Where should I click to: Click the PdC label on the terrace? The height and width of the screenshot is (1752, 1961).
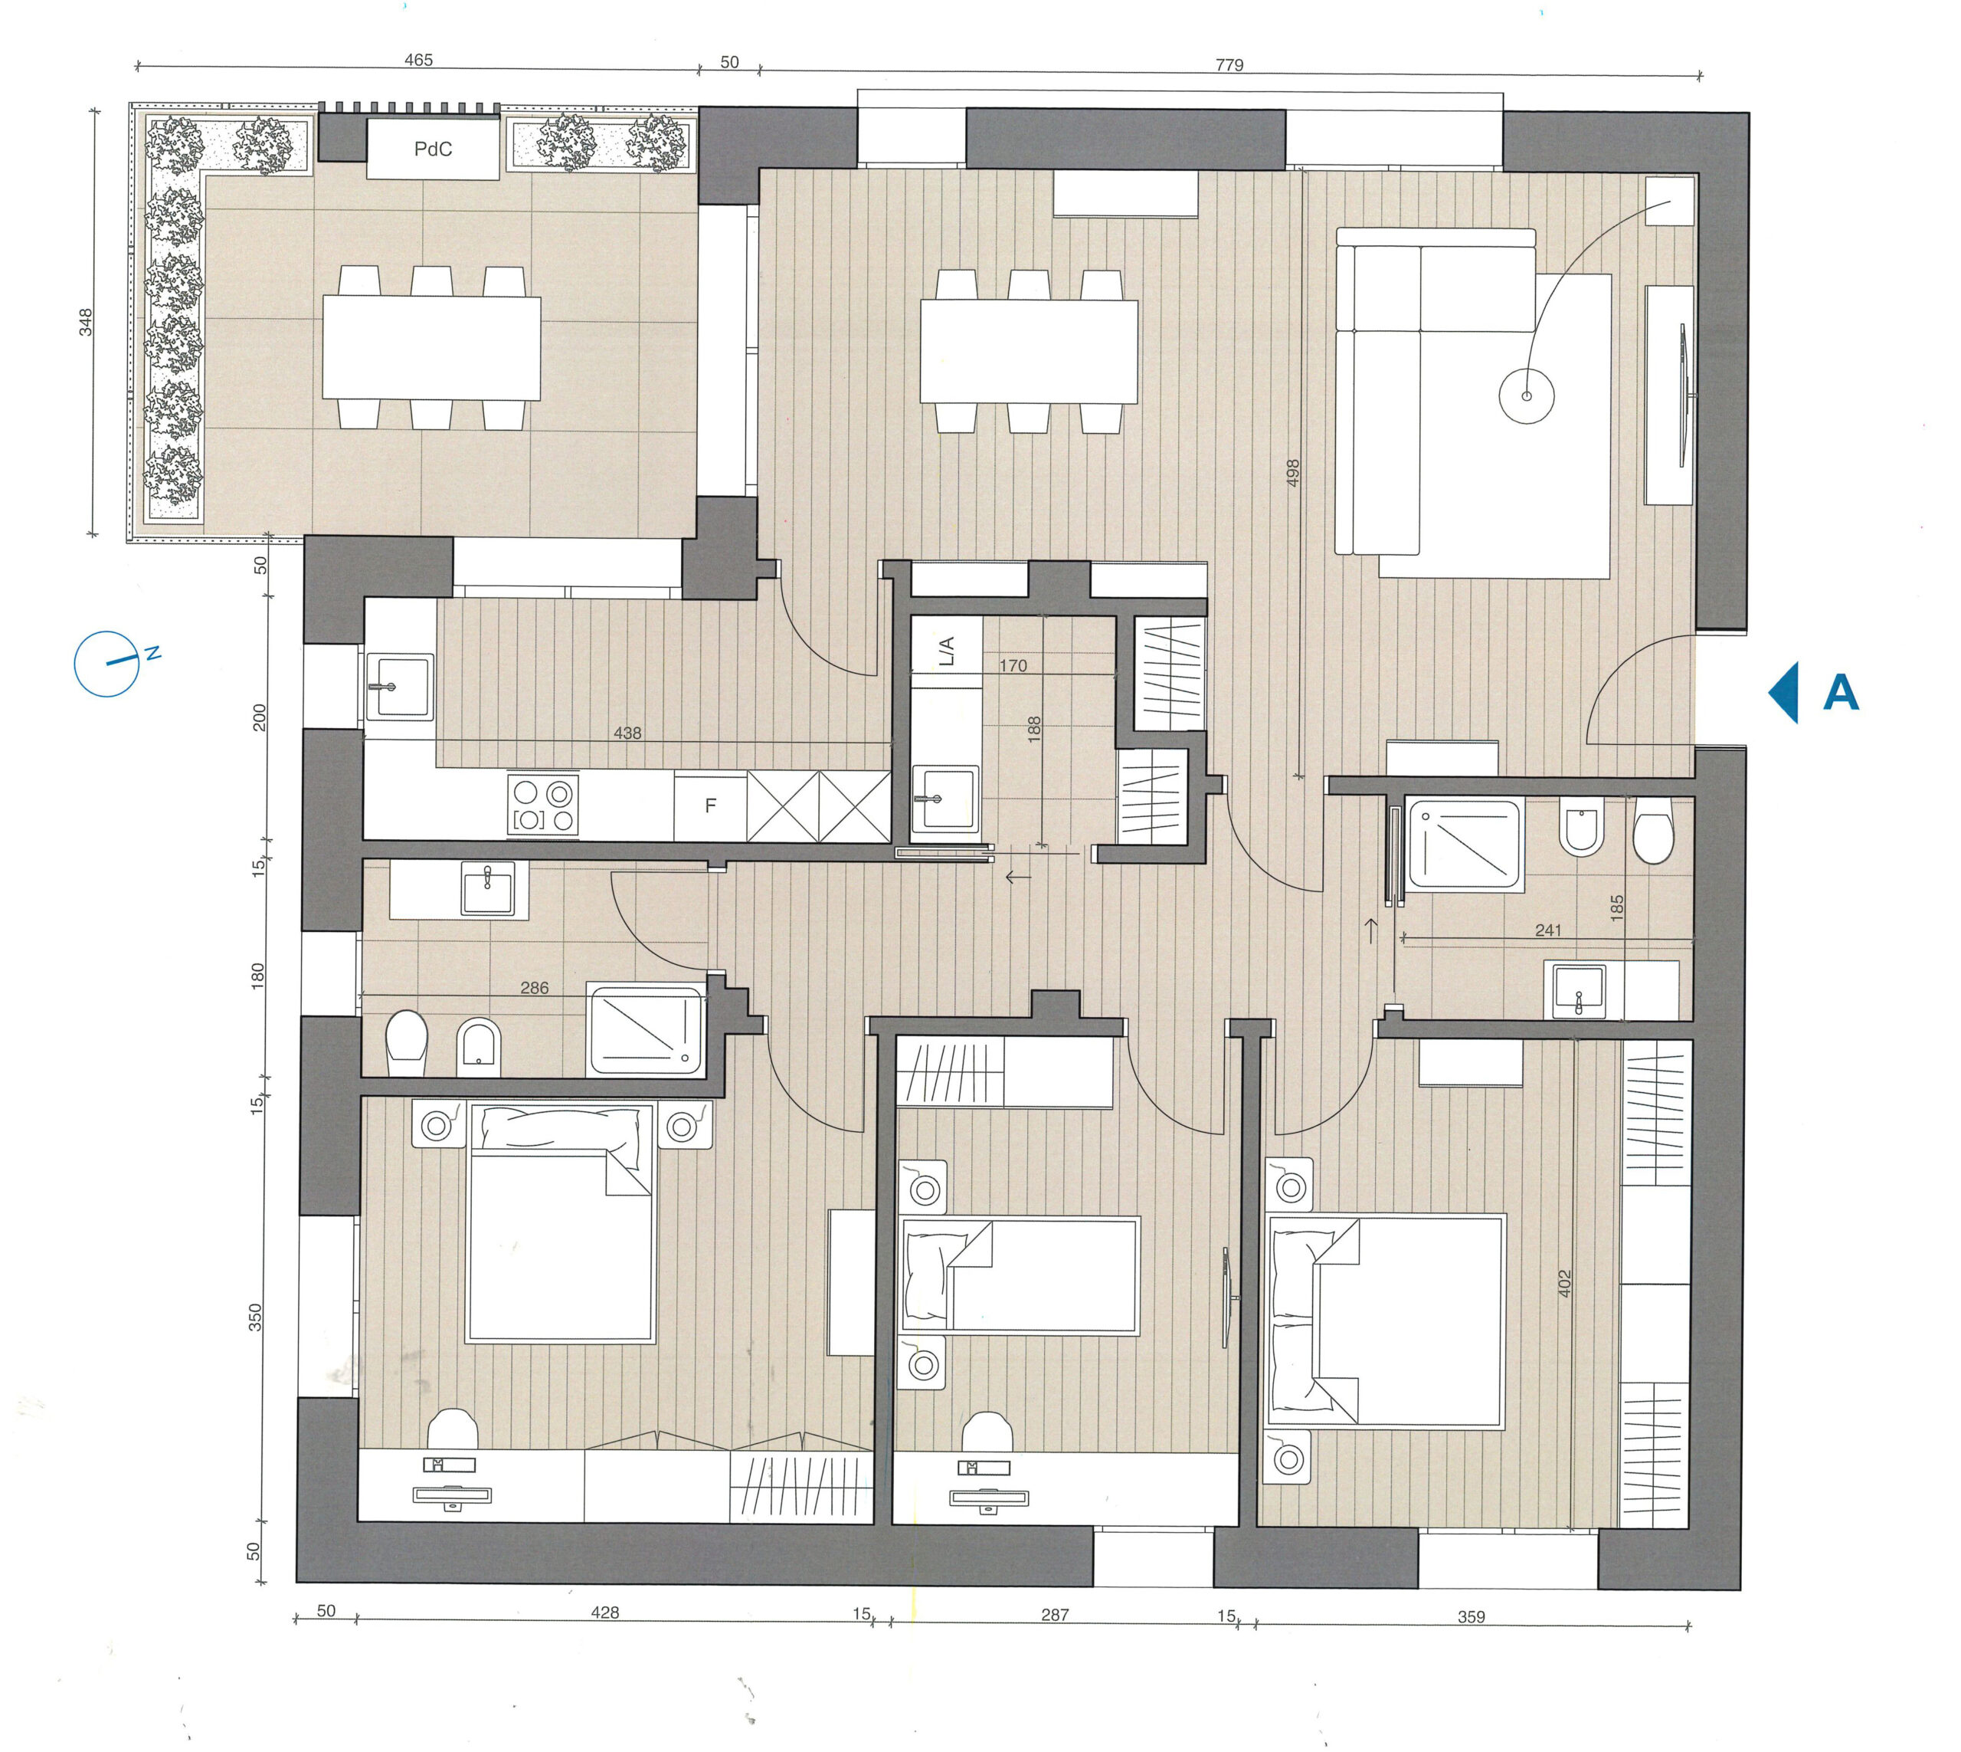click(x=433, y=149)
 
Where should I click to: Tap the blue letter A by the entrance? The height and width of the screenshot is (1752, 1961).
click(x=1841, y=692)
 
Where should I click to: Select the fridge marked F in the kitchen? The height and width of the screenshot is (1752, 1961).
click(x=710, y=805)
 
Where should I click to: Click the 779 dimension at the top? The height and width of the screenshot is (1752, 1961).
click(x=1229, y=64)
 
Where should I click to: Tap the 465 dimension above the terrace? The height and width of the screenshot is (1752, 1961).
click(x=418, y=60)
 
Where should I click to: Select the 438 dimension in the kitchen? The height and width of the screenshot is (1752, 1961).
click(x=627, y=733)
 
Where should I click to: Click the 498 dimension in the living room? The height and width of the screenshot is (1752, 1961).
click(x=1293, y=473)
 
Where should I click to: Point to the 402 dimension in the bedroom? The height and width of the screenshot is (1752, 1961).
click(x=1563, y=1283)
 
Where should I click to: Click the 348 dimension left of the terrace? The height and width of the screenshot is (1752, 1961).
click(x=86, y=322)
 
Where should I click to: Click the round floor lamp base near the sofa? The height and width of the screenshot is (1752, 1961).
click(x=1526, y=396)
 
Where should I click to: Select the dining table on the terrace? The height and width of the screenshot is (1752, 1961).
click(x=431, y=347)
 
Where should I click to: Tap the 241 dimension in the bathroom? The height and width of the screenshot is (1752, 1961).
click(x=1548, y=930)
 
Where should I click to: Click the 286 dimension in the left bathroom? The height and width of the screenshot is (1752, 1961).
click(x=534, y=988)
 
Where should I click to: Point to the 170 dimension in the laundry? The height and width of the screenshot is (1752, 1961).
click(x=1013, y=665)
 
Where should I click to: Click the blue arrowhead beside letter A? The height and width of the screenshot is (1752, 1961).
click(x=1785, y=692)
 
